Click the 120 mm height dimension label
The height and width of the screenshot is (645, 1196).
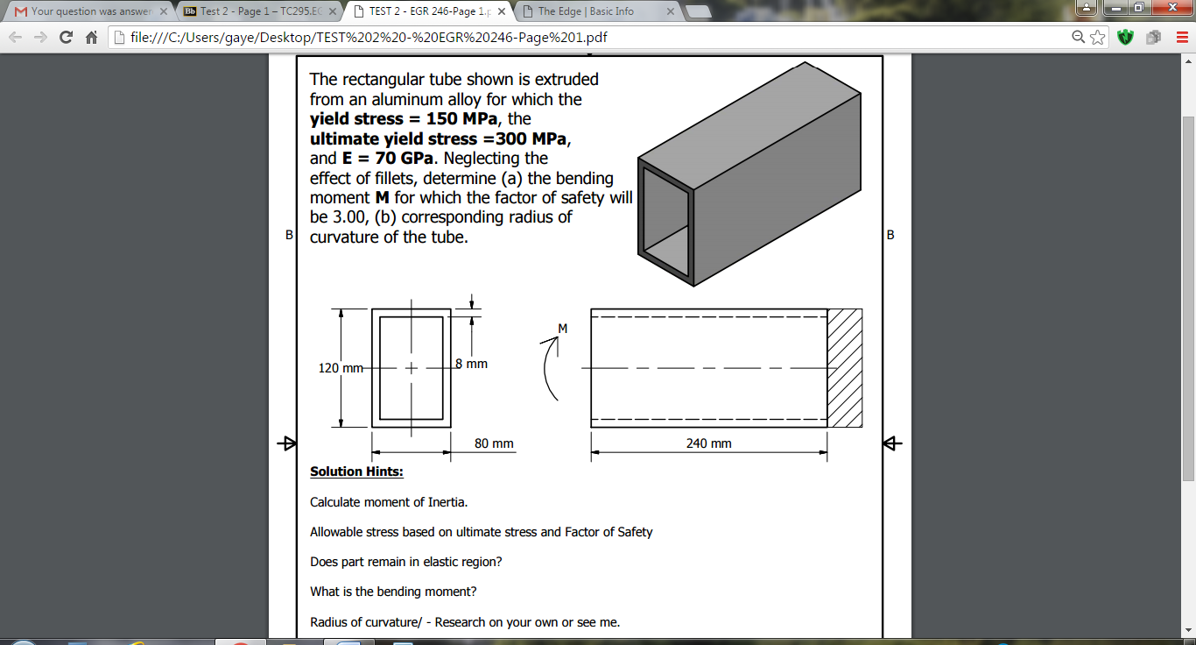340,368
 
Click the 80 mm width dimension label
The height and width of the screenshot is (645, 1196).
494,443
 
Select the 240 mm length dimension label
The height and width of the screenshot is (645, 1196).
708,443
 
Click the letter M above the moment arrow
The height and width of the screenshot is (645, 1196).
563,329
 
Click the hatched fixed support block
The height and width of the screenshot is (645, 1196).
845,368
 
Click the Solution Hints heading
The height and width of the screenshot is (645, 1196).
356,471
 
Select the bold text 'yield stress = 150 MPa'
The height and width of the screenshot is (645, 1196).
404,119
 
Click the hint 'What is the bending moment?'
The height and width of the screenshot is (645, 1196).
393,592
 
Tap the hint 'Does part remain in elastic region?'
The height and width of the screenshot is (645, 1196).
405,562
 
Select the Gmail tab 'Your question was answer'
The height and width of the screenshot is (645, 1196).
88,11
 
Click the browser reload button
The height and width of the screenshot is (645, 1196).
65,38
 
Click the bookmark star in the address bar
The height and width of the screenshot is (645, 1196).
1098,38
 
